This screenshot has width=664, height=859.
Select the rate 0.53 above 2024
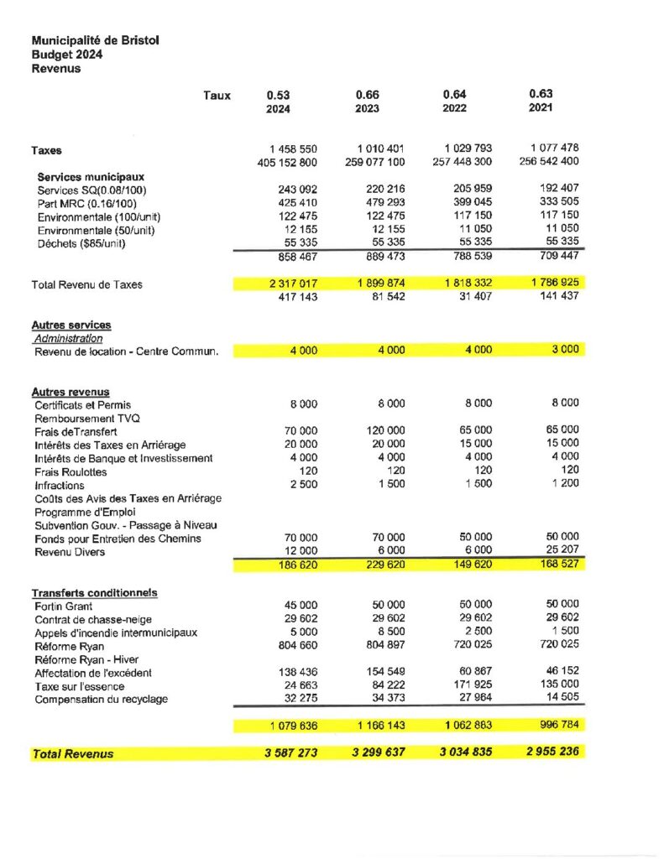[x=279, y=95]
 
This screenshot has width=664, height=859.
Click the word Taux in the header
[x=217, y=96]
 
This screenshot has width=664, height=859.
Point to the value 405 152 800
[x=287, y=162]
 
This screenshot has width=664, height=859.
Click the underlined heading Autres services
[x=71, y=325]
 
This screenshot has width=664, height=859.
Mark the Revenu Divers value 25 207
[x=561, y=552]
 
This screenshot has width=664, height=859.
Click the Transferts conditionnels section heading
[x=94, y=593]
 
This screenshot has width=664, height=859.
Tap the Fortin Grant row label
[x=64, y=606]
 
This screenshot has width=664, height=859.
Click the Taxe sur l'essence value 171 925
[x=470, y=686]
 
